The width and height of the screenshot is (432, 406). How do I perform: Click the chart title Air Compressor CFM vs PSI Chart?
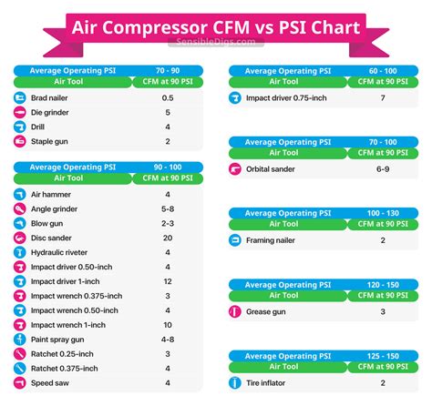click(x=215, y=28)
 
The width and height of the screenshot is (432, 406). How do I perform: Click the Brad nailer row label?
click(x=50, y=97)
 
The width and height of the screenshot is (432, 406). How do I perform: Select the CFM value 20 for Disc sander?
click(x=168, y=238)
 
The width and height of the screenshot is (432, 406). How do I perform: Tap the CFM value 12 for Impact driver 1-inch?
click(x=168, y=281)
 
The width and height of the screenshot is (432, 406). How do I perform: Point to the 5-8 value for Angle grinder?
click(x=168, y=208)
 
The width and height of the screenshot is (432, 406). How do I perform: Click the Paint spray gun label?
click(x=58, y=340)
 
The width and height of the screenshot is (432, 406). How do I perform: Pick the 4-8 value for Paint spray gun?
click(x=168, y=340)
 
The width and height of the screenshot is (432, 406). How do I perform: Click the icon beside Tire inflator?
click(x=235, y=383)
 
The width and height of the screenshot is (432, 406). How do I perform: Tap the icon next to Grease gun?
click(x=235, y=311)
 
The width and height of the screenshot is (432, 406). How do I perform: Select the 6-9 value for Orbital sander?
click(x=383, y=168)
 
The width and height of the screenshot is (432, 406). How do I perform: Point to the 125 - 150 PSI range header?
click(x=383, y=354)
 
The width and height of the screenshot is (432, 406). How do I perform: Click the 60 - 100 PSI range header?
click(x=383, y=68)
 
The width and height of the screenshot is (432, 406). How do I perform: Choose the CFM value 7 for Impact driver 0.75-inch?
click(x=383, y=97)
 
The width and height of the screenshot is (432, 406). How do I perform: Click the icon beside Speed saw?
click(x=20, y=383)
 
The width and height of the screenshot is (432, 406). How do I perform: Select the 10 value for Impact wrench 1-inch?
click(x=168, y=325)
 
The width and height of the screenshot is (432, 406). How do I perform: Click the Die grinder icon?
click(x=20, y=112)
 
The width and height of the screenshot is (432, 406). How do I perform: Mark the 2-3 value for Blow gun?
click(x=168, y=223)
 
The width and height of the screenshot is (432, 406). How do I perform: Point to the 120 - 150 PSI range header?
click(x=383, y=283)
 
